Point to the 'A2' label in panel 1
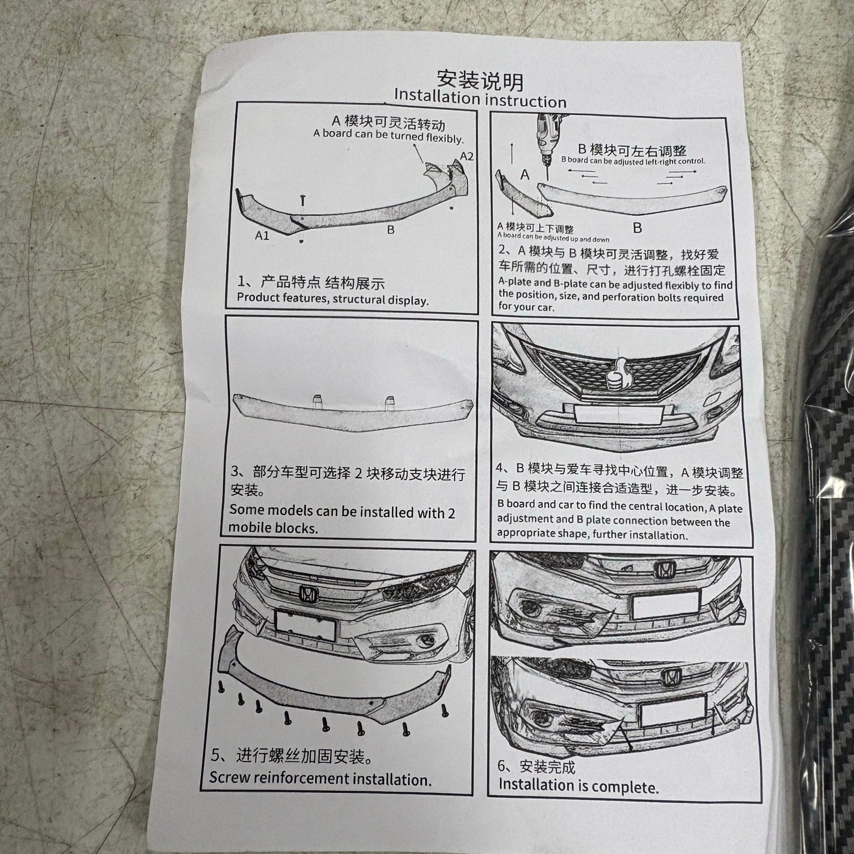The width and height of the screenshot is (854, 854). [466, 156]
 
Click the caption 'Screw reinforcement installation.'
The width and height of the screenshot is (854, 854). [320, 778]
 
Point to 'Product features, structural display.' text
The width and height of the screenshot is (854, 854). [333, 299]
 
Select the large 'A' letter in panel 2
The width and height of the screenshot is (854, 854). [525, 175]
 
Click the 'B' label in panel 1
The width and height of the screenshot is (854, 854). [391, 230]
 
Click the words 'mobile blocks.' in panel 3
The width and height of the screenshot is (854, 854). [273, 528]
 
